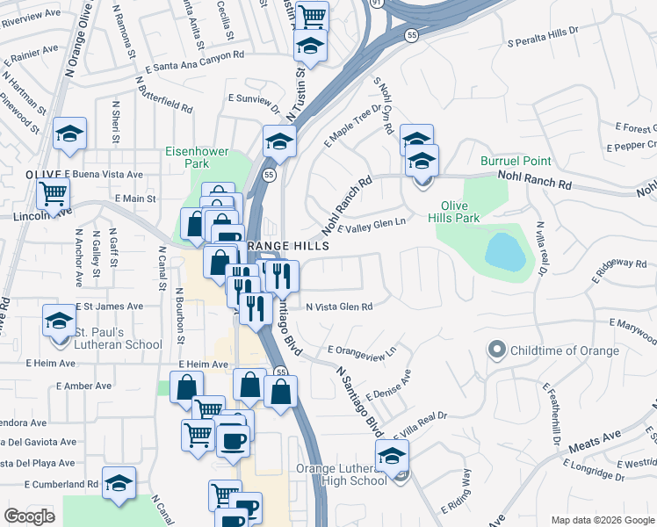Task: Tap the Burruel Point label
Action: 516,161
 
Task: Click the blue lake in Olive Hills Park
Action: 505,251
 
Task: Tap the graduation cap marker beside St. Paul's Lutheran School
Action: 59,321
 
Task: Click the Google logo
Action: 29,516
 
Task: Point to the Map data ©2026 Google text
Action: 603,520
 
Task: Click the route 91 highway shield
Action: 376,4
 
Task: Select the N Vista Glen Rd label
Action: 339,307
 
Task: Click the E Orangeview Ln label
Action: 363,350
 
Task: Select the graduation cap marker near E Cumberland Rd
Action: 119,484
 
